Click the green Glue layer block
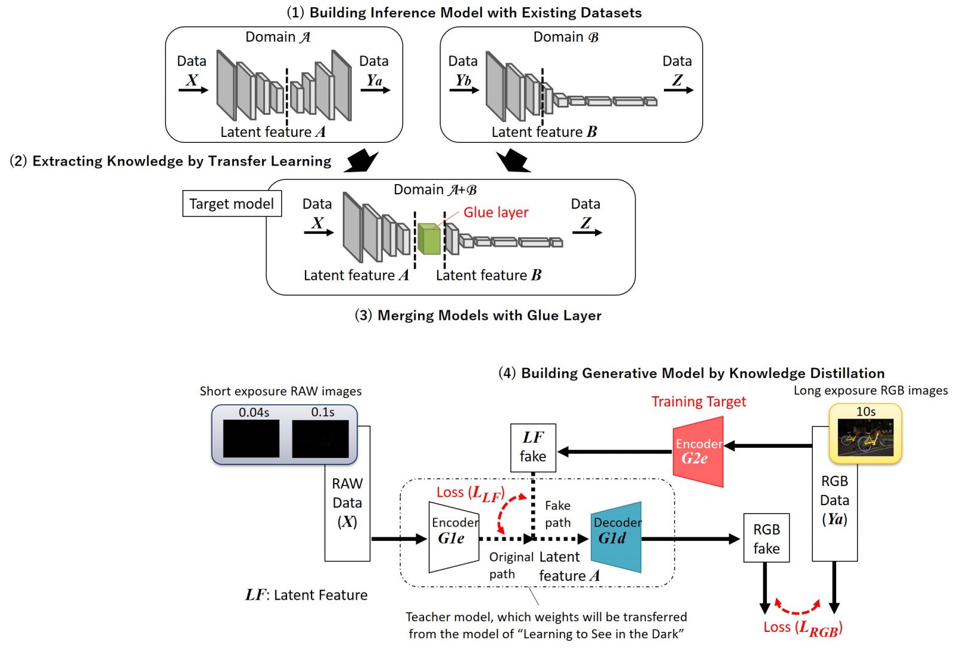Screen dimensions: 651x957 click(x=428, y=239)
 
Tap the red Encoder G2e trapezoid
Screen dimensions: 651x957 click(x=698, y=452)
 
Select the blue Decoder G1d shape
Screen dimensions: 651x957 click(x=616, y=537)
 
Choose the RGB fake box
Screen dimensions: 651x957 click(x=766, y=538)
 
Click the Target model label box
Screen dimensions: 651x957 click(x=231, y=204)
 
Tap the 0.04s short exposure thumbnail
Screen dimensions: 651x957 click(x=251, y=438)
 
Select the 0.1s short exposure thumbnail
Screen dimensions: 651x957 click(x=320, y=438)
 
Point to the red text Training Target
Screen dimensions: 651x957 click(x=699, y=402)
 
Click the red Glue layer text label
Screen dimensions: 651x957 click(x=496, y=213)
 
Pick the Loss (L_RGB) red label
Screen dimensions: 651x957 click(x=803, y=628)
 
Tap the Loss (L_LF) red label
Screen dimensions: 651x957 click(x=471, y=493)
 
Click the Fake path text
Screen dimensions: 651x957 click(x=557, y=514)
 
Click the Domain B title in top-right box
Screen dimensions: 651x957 click(x=565, y=37)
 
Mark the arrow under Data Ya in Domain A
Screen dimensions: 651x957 click(x=376, y=90)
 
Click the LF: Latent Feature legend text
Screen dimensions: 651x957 click(x=306, y=595)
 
